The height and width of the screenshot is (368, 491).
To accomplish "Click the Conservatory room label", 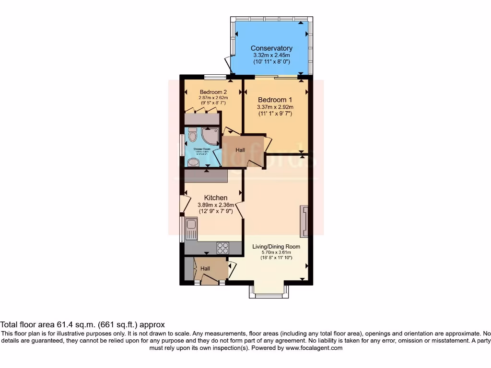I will click(271, 48).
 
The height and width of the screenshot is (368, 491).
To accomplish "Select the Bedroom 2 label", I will click(213, 92).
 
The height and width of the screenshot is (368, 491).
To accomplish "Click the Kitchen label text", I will click(216, 197).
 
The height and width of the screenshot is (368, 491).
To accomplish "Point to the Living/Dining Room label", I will click(276, 247).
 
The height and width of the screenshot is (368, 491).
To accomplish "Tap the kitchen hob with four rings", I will click(223, 248).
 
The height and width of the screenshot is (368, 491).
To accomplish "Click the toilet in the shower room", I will click(192, 137).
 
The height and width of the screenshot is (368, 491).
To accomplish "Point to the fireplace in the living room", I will click(304, 221).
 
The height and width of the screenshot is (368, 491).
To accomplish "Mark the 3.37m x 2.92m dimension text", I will click(275, 107).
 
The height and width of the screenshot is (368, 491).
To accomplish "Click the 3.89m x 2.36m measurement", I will click(216, 205).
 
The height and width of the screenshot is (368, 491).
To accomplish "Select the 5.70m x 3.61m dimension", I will click(276, 253).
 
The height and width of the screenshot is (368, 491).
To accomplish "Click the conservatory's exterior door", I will click(227, 66).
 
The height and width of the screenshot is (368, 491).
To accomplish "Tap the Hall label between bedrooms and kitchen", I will click(240, 150).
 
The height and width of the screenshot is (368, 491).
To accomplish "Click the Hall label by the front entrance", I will click(205, 269).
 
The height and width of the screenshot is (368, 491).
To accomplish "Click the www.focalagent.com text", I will click(314, 348).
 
